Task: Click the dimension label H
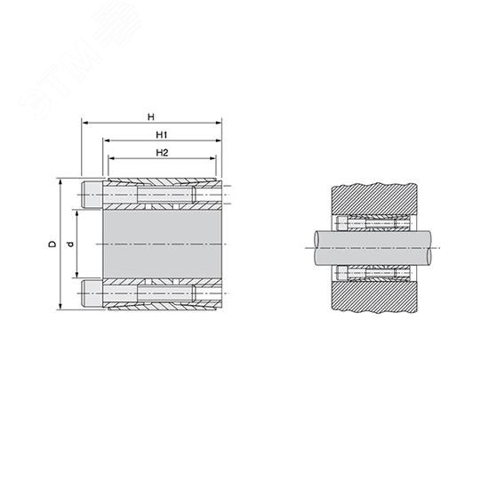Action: pos(151,117)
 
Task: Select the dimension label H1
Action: pos(162,135)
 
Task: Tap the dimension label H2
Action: pos(162,153)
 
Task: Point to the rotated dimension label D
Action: pos(52,244)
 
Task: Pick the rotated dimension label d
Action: pos(71,244)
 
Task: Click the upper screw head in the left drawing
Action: pos(92,195)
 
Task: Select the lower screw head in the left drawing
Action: pos(92,293)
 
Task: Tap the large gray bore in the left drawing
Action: pos(162,244)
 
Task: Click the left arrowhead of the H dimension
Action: pos(84,123)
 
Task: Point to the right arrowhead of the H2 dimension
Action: pos(213,158)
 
